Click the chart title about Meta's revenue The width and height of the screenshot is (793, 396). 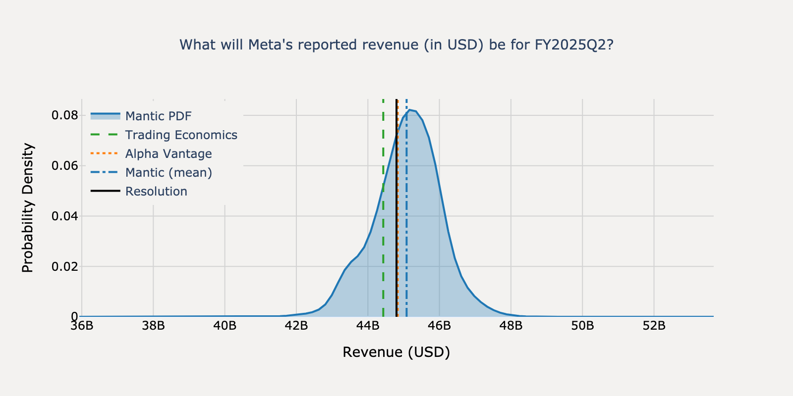(396, 45)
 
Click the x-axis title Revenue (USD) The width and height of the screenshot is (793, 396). (396, 352)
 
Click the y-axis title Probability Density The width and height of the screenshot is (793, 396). (28, 208)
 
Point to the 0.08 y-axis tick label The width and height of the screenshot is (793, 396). (65, 115)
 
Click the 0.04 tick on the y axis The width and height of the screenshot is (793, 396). (65, 216)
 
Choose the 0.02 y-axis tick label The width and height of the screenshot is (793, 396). (65, 266)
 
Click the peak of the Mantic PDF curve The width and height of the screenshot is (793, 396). (409, 110)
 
